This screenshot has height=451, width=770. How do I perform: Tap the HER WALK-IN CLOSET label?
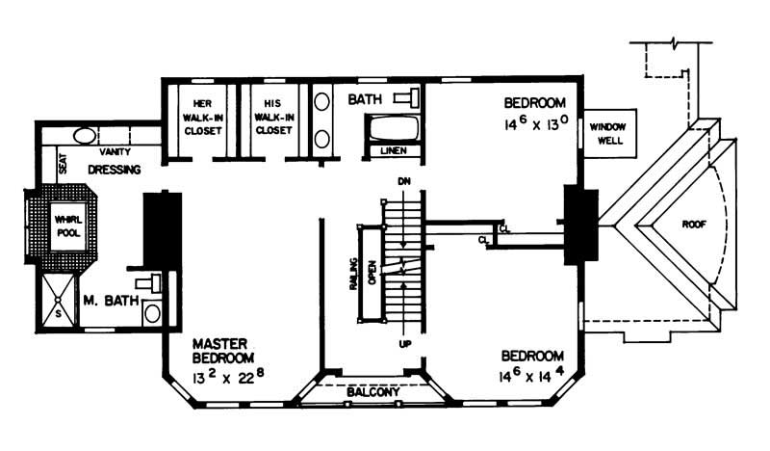202,117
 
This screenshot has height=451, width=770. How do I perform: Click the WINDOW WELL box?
607,133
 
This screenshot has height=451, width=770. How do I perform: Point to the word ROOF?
694,223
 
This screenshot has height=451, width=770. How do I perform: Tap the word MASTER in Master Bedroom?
221,343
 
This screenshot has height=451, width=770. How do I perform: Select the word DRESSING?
115,171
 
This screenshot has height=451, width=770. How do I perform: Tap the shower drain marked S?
59,314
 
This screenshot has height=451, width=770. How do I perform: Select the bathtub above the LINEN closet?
394,128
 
